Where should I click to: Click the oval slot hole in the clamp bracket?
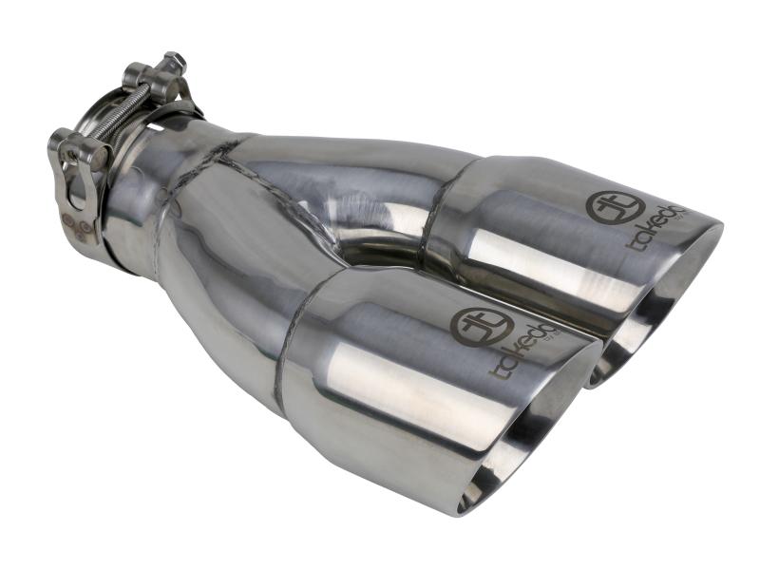pyautogui.click(x=72, y=186)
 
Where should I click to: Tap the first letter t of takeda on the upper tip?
pyautogui.click(x=631, y=244)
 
